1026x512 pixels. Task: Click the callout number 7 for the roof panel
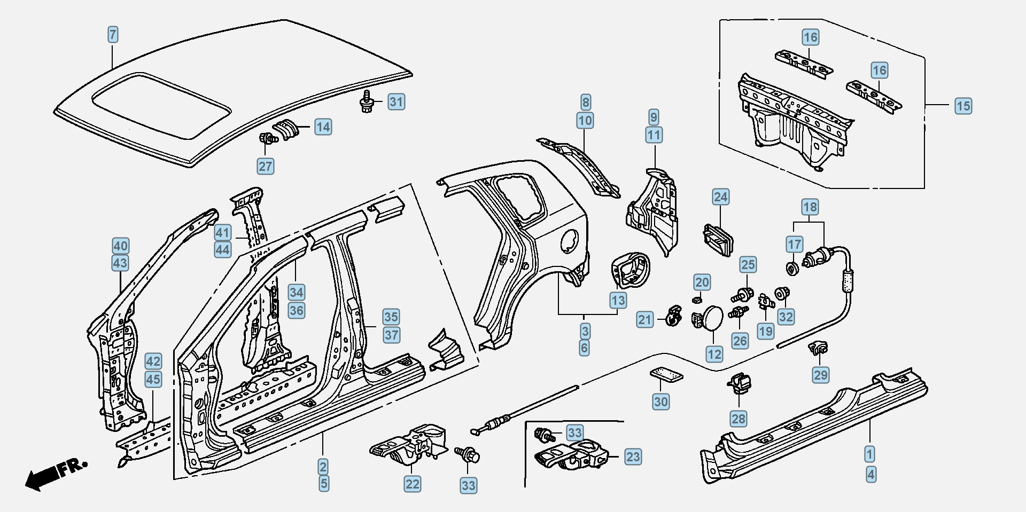click(x=112, y=35)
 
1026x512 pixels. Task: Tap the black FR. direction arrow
click(x=43, y=476)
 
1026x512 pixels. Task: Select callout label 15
click(x=963, y=106)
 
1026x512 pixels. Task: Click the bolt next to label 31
click(x=367, y=101)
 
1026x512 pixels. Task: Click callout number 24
click(x=720, y=197)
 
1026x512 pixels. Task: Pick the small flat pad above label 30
click(x=667, y=374)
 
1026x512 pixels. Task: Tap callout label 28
click(x=738, y=419)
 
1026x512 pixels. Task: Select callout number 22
click(x=412, y=484)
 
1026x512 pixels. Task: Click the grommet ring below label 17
click(x=792, y=268)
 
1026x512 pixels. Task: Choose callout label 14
click(x=323, y=127)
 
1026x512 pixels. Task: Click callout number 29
click(x=820, y=375)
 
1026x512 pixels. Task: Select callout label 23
click(x=633, y=457)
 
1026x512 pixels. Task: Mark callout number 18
click(x=810, y=207)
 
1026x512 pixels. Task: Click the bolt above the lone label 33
click(x=467, y=455)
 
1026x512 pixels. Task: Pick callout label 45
click(x=153, y=380)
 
